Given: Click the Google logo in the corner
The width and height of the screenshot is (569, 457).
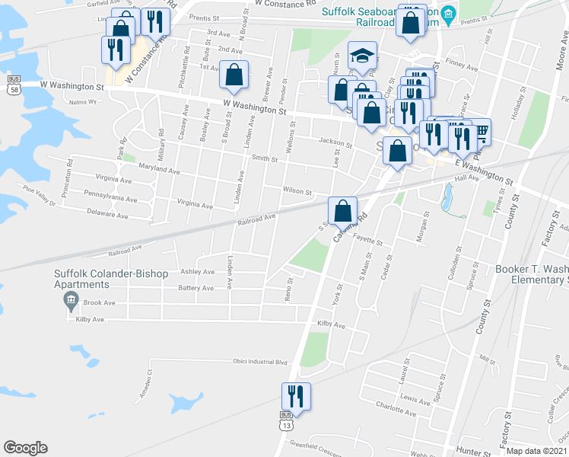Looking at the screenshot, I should (25, 448).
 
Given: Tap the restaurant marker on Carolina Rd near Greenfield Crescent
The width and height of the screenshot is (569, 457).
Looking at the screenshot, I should (295, 396).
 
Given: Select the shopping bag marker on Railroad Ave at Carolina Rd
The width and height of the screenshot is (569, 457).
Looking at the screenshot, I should (343, 210).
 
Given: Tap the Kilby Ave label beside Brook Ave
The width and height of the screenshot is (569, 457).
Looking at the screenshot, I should (90, 320).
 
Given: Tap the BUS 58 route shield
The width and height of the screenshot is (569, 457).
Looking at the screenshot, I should (14, 85).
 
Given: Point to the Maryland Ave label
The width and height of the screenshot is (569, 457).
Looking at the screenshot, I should (159, 171).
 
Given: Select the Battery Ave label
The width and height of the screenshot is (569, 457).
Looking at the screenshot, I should (195, 289).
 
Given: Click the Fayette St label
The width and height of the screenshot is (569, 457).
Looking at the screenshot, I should (367, 240).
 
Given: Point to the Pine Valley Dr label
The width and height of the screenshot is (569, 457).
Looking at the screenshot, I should (40, 195).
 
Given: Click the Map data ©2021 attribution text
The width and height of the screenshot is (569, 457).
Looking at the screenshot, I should (536, 451).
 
